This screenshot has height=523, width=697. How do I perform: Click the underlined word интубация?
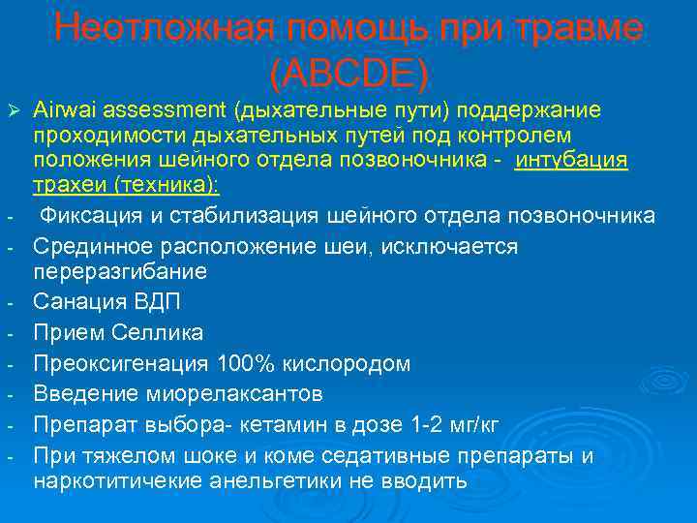(x=572, y=159)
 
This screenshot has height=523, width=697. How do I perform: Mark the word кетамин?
(x=283, y=424)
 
